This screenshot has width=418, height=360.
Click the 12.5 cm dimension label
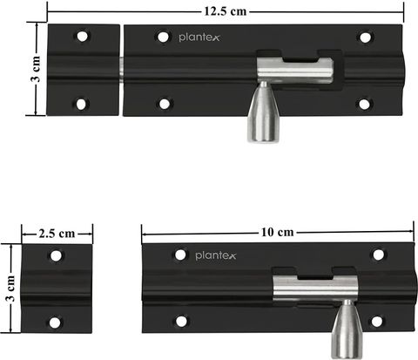(x=226, y=11)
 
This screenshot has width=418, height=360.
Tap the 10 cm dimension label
(x=278, y=233)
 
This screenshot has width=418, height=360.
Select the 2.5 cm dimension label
(x=57, y=234)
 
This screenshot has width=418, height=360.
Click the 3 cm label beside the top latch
(x=36, y=69)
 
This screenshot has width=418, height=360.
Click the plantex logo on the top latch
(x=199, y=37)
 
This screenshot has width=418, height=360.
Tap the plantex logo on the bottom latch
(x=216, y=255)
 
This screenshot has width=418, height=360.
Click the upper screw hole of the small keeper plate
(x=56, y=256)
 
